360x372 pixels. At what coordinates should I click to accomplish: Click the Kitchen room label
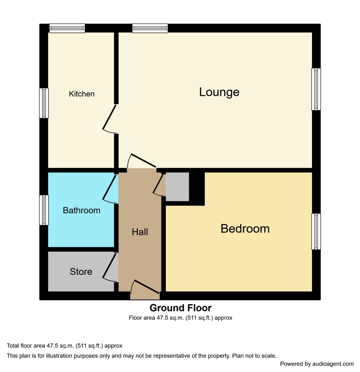click(x=82, y=94)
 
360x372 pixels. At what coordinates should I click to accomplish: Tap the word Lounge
click(x=219, y=92)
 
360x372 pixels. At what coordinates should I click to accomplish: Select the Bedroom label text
click(x=245, y=229)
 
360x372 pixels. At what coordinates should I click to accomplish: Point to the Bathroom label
click(x=81, y=211)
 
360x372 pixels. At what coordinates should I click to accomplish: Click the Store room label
click(x=81, y=272)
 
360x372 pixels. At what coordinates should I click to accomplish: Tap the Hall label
click(x=140, y=232)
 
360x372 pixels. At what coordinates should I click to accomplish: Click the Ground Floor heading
click(x=180, y=308)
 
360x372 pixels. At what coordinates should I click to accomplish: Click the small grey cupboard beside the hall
click(x=177, y=187)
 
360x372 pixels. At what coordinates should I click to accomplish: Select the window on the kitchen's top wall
click(x=67, y=28)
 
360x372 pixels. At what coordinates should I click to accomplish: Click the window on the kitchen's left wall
click(x=44, y=103)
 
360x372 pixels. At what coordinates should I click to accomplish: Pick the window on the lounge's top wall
click(x=150, y=28)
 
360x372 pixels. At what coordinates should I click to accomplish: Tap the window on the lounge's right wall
click(x=316, y=89)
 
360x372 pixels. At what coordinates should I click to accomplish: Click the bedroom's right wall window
click(x=316, y=232)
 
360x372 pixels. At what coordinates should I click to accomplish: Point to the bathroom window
click(x=44, y=210)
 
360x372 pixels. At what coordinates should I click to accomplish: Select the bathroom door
click(x=110, y=187)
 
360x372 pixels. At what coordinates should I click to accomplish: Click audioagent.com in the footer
click(x=333, y=364)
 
